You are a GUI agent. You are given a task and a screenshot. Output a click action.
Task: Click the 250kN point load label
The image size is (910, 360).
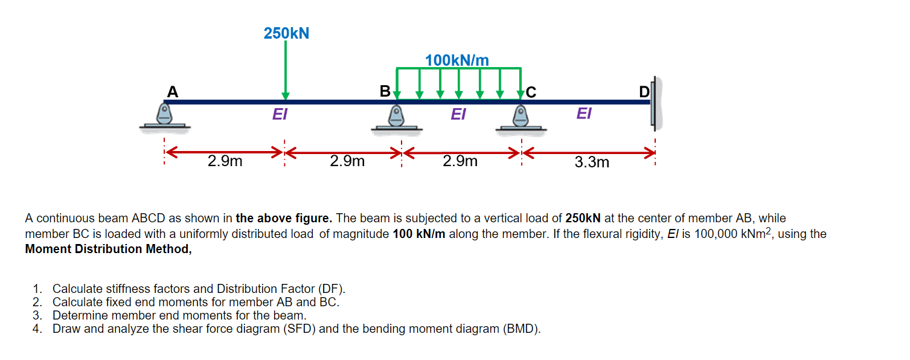click(286, 33)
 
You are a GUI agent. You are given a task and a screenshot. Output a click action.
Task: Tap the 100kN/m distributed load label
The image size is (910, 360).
click(457, 60)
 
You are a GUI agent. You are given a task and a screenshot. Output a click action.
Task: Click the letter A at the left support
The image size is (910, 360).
click(173, 92)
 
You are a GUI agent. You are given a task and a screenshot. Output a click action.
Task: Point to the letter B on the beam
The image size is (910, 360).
click(385, 92)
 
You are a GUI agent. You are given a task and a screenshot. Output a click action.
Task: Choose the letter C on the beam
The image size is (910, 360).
click(530, 92)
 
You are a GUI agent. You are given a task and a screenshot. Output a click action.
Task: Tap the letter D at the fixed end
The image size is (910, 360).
click(644, 92)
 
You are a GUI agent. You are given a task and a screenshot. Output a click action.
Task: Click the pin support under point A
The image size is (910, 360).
click(164, 116)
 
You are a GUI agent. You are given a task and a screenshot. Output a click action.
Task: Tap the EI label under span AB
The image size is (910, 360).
click(280, 114)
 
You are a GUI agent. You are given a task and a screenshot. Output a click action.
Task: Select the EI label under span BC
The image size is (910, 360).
click(458, 114)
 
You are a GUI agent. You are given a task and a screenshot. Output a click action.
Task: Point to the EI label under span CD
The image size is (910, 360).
click(583, 114)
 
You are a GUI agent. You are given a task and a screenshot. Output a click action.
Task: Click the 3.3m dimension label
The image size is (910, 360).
click(592, 162)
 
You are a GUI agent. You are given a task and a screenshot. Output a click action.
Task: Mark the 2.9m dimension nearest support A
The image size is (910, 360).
click(225, 161)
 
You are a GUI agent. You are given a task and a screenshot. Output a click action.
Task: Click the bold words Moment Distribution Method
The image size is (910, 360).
click(108, 249)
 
